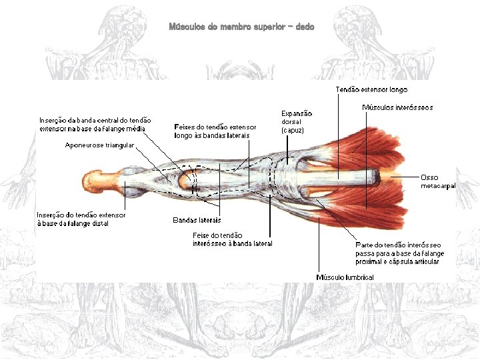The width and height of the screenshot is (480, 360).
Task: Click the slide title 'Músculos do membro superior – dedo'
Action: [x=241, y=27]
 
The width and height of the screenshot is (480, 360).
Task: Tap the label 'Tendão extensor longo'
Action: [x=371, y=89]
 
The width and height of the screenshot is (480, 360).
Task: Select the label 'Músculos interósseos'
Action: [x=397, y=107]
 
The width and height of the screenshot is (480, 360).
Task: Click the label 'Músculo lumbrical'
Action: [x=345, y=277]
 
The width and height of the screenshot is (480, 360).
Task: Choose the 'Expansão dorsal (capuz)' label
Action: [x=296, y=122]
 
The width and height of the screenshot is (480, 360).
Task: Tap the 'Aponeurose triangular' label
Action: [x=100, y=145]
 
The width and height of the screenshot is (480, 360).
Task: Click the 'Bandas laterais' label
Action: [x=197, y=219]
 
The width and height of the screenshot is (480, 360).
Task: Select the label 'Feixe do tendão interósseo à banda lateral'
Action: [x=232, y=239]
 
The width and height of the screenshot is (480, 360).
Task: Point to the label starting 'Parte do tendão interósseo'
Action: [x=399, y=253]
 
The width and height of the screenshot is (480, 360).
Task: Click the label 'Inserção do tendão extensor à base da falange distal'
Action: [x=81, y=219]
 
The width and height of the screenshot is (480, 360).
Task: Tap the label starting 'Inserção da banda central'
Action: [x=95, y=124]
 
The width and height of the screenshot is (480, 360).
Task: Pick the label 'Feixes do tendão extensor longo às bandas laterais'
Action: [x=215, y=131]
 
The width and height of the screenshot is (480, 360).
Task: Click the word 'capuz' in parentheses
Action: [x=293, y=131]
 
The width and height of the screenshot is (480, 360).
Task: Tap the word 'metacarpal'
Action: [x=438, y=186]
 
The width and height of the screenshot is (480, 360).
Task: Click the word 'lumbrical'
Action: [x=360, y=277]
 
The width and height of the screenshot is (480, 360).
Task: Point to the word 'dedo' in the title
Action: [x=305, y=27]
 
